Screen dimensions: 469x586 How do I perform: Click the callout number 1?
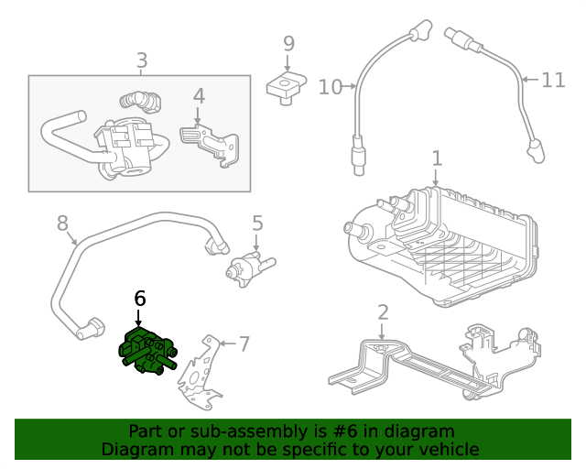(437, 158)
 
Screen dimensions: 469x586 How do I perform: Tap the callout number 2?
(383, 312)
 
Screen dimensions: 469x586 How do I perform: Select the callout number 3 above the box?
(141, 61)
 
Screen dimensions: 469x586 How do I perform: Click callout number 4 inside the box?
(199, 96)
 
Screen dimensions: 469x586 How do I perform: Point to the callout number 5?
(257, 223)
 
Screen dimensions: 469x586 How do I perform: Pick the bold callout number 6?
(139, 298)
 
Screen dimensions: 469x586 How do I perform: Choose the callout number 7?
(244, 344)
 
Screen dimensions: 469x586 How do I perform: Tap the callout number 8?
(62, 223)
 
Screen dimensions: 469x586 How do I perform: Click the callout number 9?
(288, 43)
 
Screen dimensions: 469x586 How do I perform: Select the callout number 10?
(330, 87)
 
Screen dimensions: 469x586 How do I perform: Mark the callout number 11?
(553, 81)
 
